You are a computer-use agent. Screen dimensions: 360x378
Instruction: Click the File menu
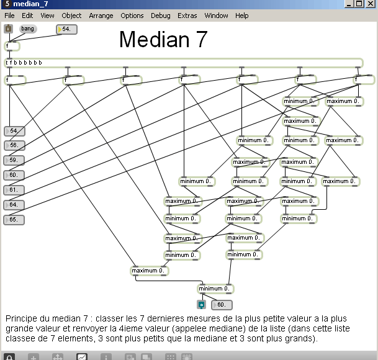click(x=9, y=16)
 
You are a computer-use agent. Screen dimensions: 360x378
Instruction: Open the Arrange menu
click(x=101, y=16)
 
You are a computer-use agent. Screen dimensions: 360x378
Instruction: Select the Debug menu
click(x=160, y=16)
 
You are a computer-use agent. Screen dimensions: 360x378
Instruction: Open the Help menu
click(x=242, y=16)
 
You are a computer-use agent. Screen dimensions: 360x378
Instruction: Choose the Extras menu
click(x=187, y=16)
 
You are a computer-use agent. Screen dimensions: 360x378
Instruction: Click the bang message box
click(x=27, y=29)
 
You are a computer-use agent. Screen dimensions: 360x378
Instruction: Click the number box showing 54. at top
click(x=68, y=29)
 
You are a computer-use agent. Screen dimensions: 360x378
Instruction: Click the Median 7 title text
click(x=163, y=40)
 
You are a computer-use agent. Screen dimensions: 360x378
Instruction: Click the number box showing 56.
click(x=15, y=146)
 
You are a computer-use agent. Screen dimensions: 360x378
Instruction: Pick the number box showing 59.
click(x=15, y=161)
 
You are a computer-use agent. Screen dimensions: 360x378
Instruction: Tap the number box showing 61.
click(x=15, y=190)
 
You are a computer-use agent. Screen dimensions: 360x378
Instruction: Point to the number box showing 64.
click(x=15, y=205)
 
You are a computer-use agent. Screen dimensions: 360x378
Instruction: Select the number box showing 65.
click(x=15, y=220)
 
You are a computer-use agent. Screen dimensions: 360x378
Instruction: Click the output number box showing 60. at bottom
click(x=222, y=305)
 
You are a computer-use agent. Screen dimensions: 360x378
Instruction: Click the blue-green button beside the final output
click(x=201, y=305)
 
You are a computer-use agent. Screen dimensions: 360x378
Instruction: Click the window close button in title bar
click(x=371, y=4)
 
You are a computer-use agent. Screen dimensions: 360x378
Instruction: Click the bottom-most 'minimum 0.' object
click(x=214, y=289)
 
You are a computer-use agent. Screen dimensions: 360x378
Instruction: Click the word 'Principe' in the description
click(x=20, y=318)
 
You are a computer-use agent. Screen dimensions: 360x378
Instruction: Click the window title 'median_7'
click(x=30, y=4)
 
